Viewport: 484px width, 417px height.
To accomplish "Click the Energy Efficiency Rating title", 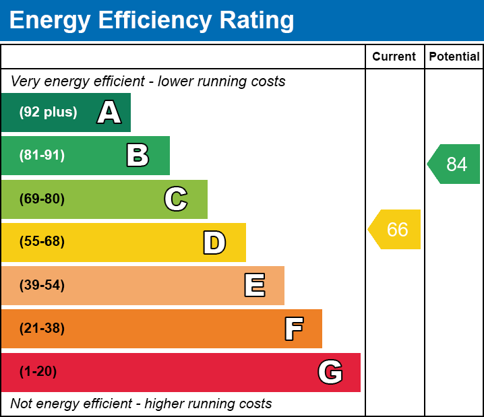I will (152, 21).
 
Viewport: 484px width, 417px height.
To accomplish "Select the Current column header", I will (394, 57).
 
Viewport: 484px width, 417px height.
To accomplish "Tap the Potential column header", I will (454, 57).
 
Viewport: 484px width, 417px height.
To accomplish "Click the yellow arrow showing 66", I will (396, 230).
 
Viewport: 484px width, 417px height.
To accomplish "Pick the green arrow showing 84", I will (455, 164).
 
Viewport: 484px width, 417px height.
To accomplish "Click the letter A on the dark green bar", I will (109, 113).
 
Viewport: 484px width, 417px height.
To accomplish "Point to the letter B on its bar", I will (138, 156).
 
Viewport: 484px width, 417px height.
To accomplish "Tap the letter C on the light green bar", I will (176, 199).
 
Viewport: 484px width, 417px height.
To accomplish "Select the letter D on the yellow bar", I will (214, 243).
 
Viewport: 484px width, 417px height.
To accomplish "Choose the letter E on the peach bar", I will (254, 286).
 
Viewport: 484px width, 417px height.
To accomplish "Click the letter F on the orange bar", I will (293, 329).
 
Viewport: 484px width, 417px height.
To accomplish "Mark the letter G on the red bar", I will (330, 372).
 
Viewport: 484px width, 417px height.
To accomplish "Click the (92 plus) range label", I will (48, 113).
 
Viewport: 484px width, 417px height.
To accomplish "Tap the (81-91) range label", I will (42, 156).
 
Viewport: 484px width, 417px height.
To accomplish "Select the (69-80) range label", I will (42, 199).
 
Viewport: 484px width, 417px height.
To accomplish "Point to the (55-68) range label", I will (42, 242).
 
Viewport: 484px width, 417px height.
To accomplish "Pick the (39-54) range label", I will (42, 286).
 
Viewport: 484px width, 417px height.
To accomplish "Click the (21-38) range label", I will (42, 329).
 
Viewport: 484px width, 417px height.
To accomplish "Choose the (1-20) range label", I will (38, 372).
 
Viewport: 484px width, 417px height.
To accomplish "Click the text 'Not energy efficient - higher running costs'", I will (141, 404).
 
